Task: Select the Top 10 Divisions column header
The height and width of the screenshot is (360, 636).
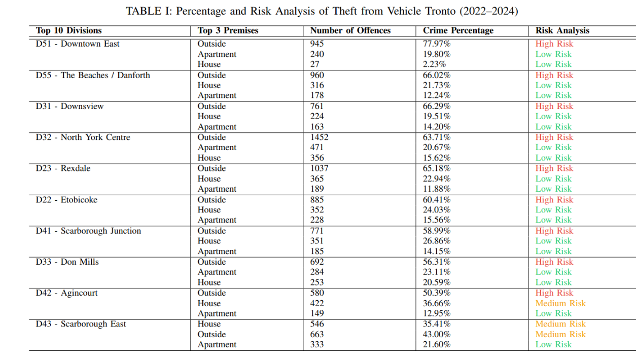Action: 69,30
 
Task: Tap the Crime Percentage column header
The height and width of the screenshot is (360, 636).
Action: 458,30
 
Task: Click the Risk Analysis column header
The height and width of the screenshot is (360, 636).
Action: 562,30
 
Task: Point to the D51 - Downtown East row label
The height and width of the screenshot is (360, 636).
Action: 78,44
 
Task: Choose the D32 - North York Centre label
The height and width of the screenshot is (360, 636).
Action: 83,137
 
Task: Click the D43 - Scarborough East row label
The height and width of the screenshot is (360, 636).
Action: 81,324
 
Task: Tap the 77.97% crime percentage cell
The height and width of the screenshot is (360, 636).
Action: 437,44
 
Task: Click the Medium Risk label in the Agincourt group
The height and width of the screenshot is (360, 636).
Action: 560,303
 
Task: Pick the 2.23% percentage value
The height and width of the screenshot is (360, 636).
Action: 435,64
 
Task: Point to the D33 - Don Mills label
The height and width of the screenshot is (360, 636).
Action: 67,262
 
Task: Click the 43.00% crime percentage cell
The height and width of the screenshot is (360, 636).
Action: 437,334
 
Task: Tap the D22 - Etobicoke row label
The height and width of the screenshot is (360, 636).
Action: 66,200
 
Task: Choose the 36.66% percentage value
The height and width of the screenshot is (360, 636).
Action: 437,303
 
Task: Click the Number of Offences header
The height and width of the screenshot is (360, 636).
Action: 350,30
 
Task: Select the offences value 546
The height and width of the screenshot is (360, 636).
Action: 317,324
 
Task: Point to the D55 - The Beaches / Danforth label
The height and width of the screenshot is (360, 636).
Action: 93,76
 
